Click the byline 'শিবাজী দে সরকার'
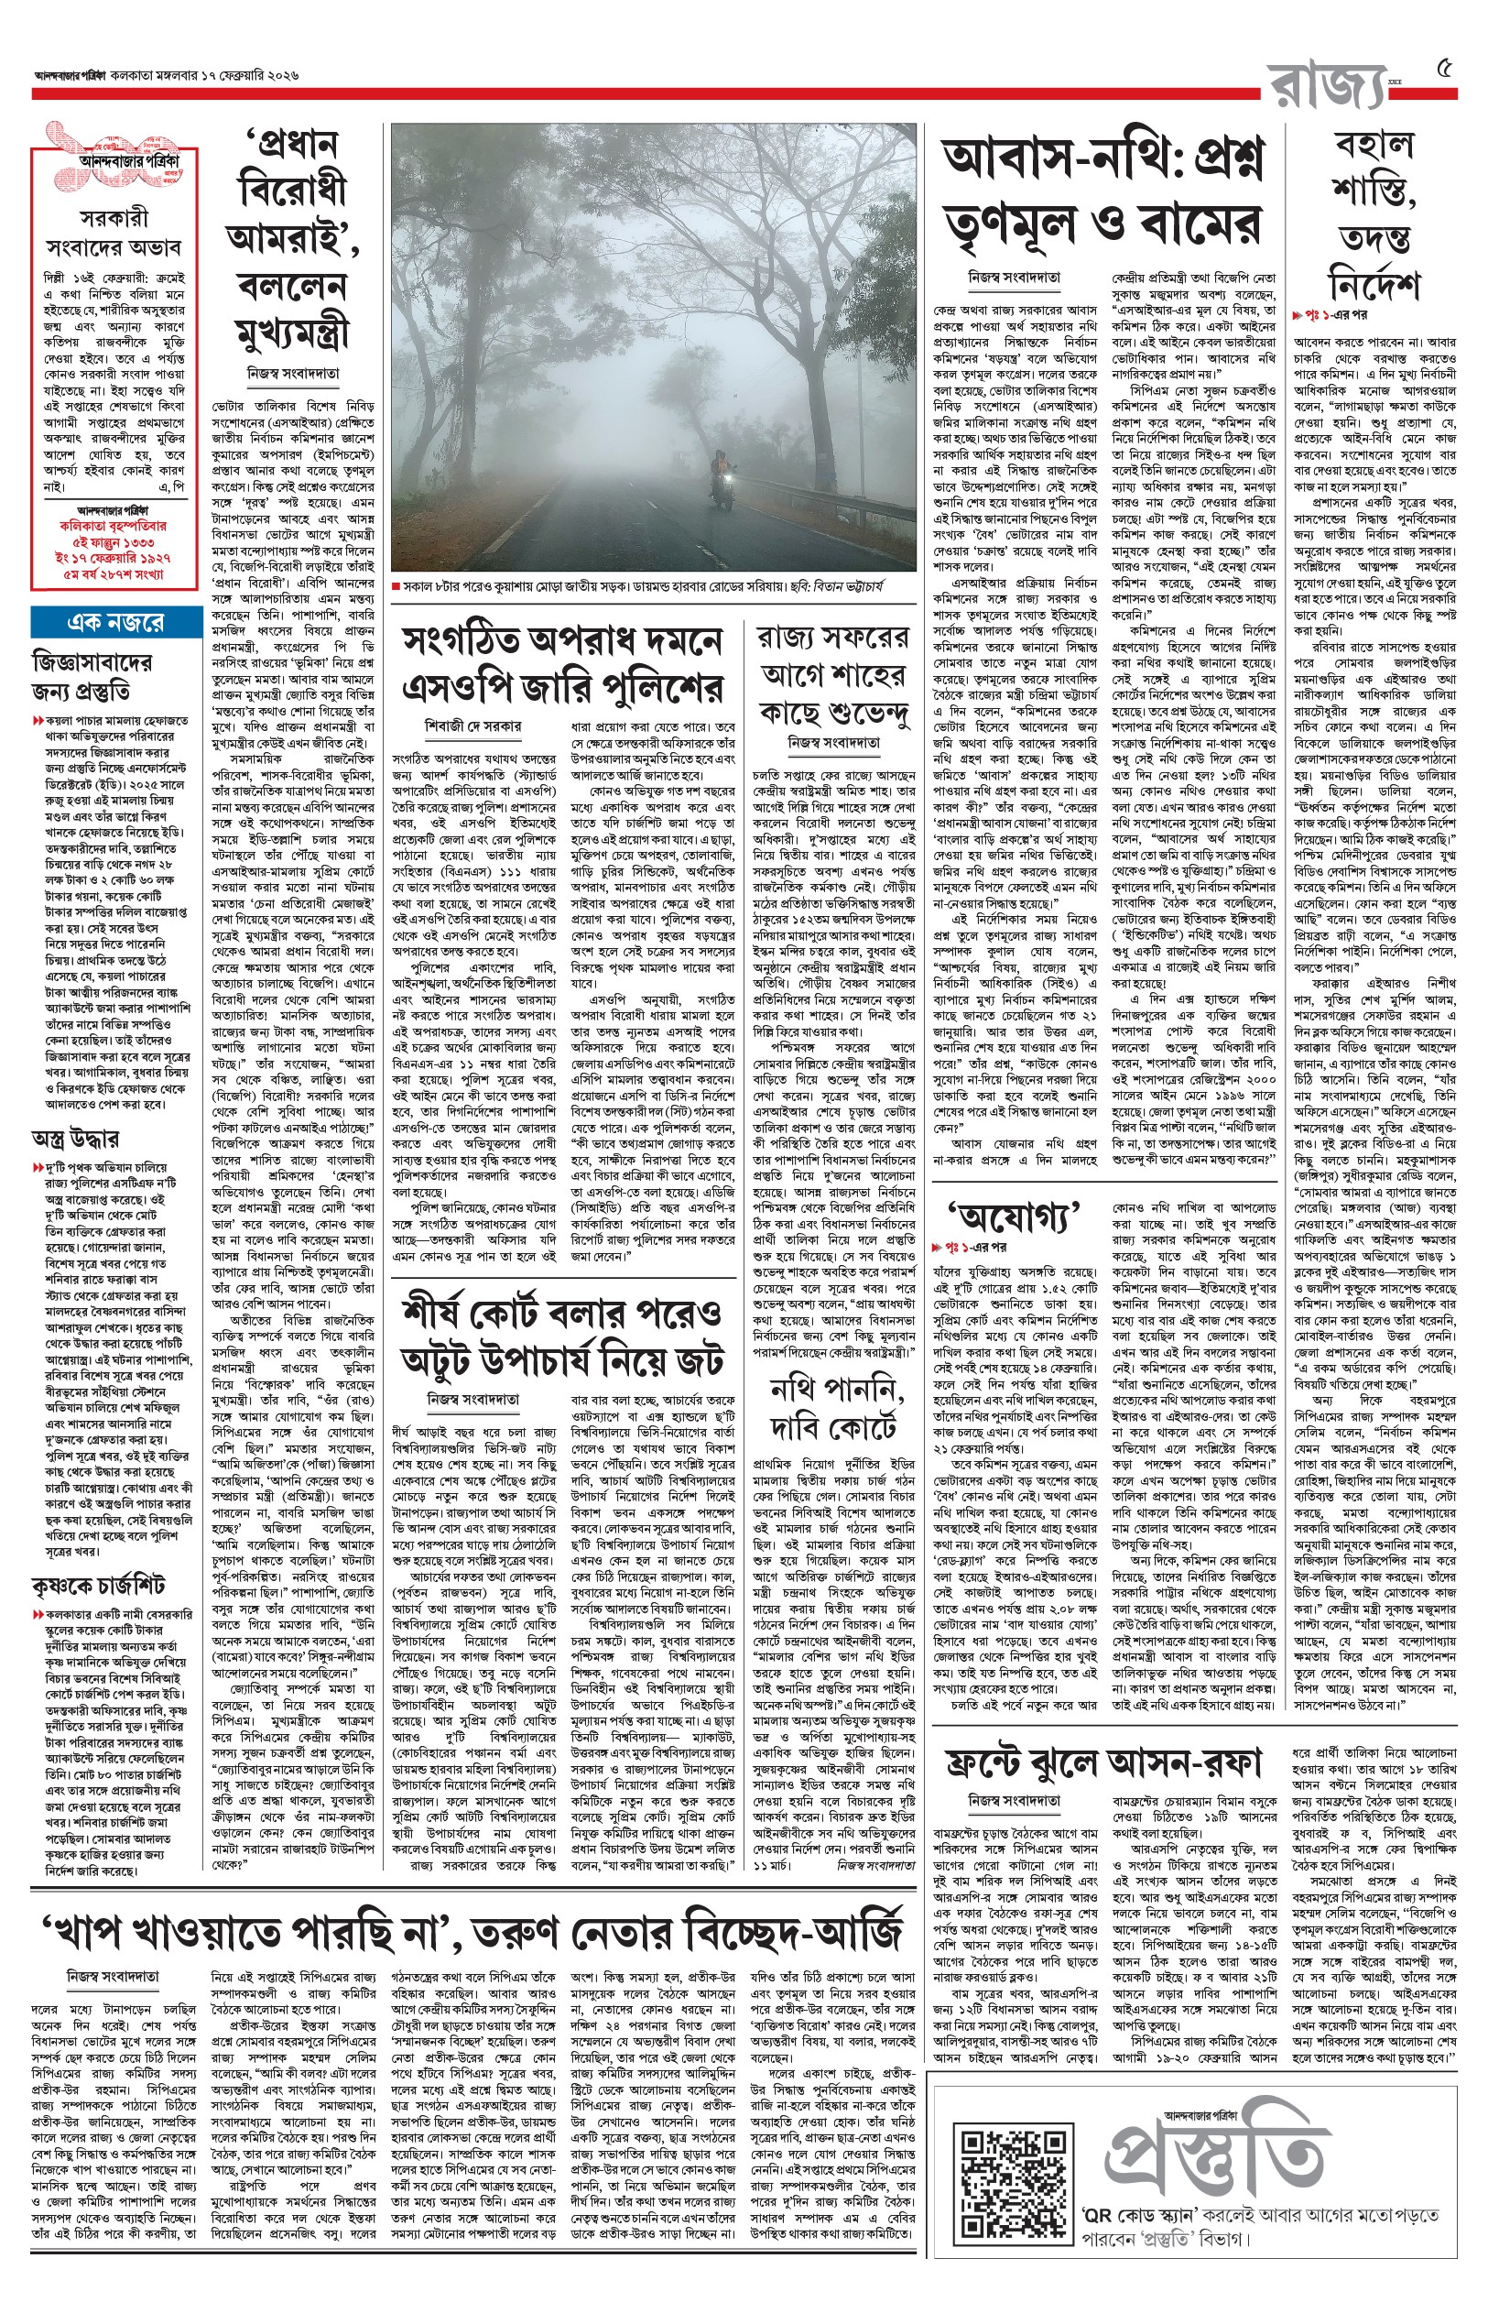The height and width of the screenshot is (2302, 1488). (x=472, y=725)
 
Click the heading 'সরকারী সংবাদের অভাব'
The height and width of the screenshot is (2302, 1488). (x=114, y=231)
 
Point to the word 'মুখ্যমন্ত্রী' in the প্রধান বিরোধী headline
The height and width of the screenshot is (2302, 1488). (x=289, y=329)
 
